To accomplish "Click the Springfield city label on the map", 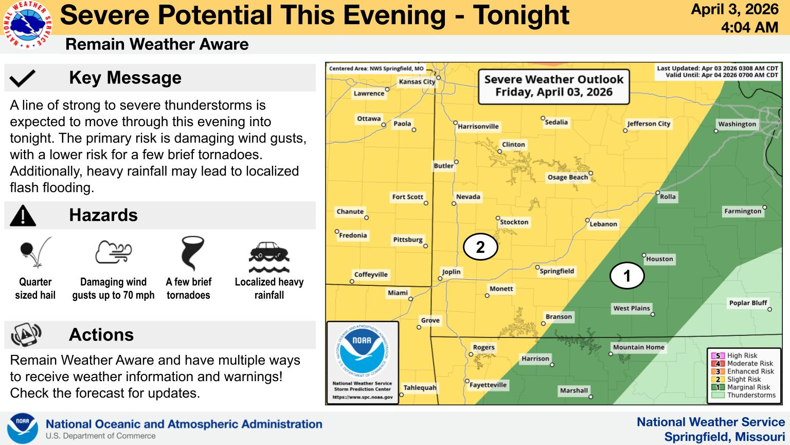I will [556, 271].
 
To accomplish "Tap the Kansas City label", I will [417, 81].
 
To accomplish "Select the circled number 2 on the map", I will [480, 247].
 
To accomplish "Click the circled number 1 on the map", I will [626, 276].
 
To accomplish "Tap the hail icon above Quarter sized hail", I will [35, 252].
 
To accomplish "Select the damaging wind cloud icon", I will [114, 252].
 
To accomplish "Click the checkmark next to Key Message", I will [23, 78].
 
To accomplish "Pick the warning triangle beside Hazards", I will [23, 215].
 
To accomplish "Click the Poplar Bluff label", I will [748, 303].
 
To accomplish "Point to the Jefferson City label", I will [648, 124].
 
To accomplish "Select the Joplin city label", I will [451, 272].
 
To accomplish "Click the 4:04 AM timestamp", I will [749, 27].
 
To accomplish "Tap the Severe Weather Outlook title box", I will [553, 86].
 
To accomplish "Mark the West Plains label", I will [632, 308].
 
